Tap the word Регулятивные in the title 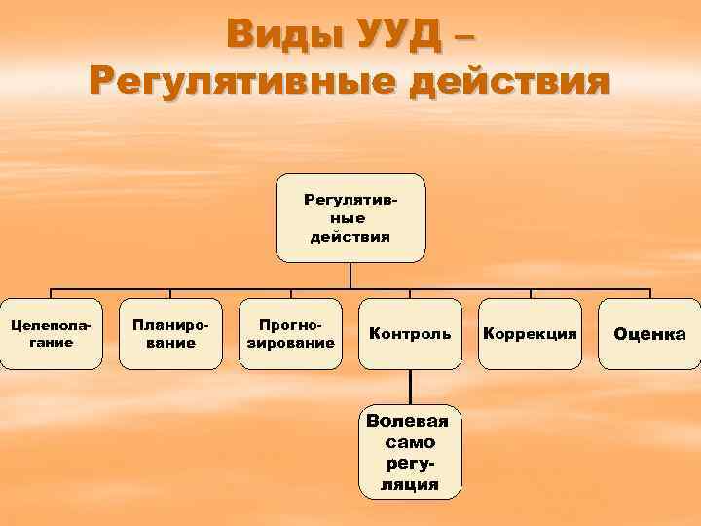239,81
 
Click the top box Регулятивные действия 350,218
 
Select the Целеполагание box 51,334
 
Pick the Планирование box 170,334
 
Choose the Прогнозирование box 290,334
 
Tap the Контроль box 410,334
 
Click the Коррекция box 530,334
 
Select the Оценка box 649,334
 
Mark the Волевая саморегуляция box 410,451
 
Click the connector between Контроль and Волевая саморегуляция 410,388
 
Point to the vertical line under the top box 350,276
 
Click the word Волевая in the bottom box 410,421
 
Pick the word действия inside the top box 350,237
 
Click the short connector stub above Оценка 649,293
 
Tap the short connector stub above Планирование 170,293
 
